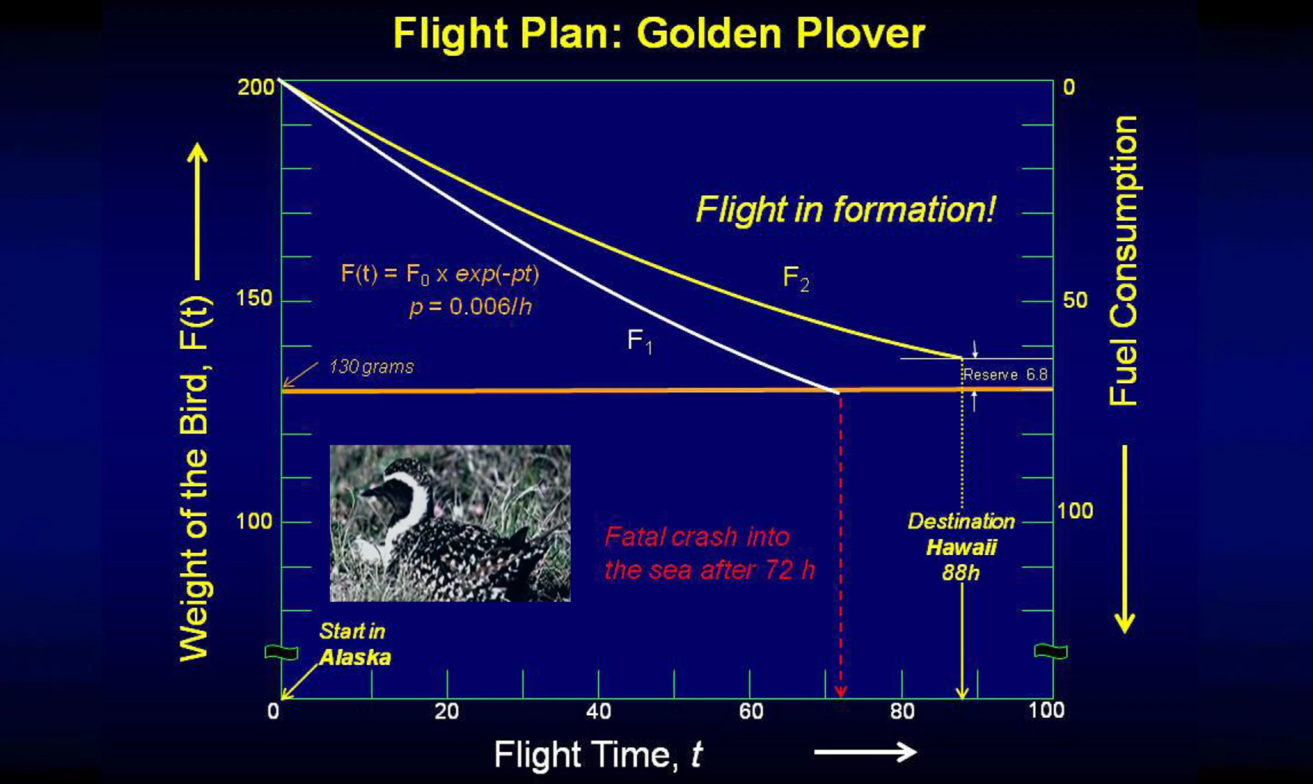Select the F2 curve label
coord(796,279)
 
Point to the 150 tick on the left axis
coord(254,298)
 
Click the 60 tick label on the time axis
coord(751,712)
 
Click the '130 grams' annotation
coord(371,367)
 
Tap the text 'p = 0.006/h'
coord(470,306)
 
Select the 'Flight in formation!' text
coord(845,210)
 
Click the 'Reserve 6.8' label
coord(1005,374)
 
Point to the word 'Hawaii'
coord(961,547)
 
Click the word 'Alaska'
coord(355,657)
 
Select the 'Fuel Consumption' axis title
coord(1123,261)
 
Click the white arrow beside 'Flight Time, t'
coord(865,752)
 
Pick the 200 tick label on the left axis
coord(256,87)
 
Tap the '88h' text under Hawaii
coord(961,573)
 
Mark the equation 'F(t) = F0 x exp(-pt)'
coord(440,274)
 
